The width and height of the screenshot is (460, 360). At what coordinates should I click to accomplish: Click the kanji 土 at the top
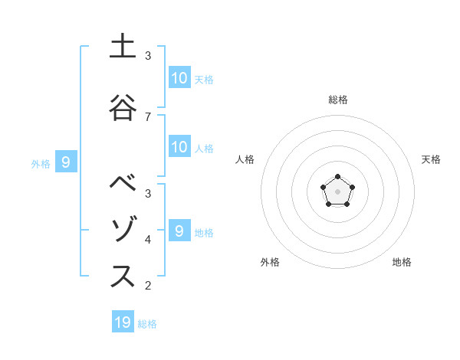(x=122, y=47)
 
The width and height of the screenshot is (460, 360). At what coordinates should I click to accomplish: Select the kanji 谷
(x=122, y=108)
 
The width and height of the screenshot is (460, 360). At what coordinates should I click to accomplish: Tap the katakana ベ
(x=122, y=184)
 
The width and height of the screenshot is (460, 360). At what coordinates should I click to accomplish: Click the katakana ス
(x=122, y=277)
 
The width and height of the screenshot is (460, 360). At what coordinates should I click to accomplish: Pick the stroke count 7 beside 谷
(x=148, y=116)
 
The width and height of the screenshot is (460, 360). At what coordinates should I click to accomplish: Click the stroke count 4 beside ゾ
(x=148, y=240)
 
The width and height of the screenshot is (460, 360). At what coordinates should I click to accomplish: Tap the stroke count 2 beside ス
(x=148, y=286)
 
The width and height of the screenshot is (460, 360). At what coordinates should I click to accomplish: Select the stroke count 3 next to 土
(x=148, y=56)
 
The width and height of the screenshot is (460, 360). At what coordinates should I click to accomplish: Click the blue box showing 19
(x=123, y=322)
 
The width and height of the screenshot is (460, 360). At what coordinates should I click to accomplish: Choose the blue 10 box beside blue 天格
(x=179, y=77)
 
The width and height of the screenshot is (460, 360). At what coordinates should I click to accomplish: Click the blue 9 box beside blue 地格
(x=179, y=231)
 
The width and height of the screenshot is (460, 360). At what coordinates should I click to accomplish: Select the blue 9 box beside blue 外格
(x=66, y=162)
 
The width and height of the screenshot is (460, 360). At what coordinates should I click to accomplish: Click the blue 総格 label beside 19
(x=147, y=324)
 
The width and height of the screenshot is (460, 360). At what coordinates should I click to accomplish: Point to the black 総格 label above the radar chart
(x=337, y=100)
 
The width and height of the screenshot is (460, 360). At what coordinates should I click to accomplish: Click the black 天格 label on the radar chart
(x=431, y=159)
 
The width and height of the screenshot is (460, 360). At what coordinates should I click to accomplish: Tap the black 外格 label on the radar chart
(x=270, y=262)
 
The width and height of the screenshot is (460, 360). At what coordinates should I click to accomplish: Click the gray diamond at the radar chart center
(x=337, y=191)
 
